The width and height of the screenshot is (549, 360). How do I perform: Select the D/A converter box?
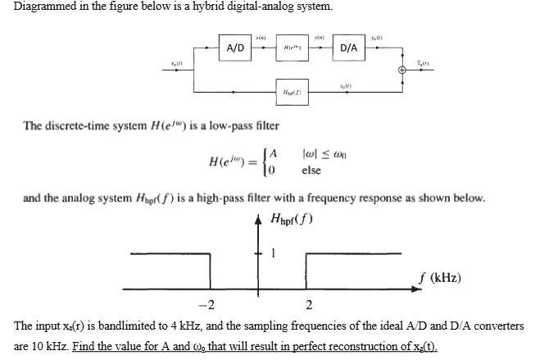348,48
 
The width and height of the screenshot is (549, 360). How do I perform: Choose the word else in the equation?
311,171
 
